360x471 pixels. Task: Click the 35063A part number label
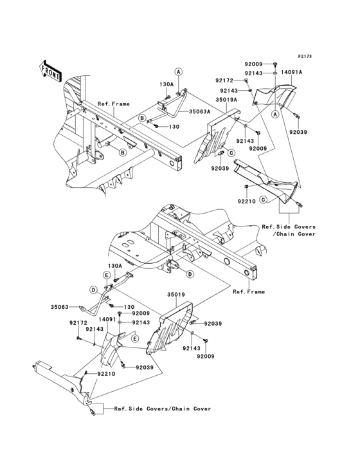click(199, 111)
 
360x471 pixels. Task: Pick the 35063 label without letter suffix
click(59, 307)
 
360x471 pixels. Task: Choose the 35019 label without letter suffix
click(176, 295)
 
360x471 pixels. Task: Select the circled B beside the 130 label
click(143, 118)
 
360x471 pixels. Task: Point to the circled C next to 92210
click(263, 199)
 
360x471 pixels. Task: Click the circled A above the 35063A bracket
click(179, 72)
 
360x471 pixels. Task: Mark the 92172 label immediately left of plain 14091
click(78, 323)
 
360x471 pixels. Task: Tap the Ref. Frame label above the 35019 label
click(249, 291)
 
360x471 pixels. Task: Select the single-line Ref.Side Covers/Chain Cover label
click(162, 409)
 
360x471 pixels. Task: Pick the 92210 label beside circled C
click(247, 201)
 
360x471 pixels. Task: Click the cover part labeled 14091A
click(274, 95)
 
